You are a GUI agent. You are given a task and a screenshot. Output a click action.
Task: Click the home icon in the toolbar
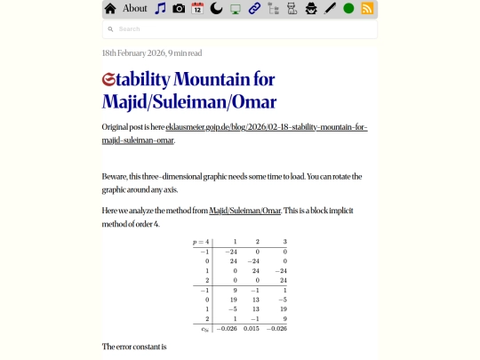coord(110,9)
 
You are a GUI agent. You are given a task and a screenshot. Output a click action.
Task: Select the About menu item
coord(135,9)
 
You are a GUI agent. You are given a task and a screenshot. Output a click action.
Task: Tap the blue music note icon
coord(160,9)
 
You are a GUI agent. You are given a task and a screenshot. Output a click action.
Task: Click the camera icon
coord(179,9)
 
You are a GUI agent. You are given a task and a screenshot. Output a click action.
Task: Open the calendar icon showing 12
coord(197,9)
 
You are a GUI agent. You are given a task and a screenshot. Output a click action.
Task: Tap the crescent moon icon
coord(216,9)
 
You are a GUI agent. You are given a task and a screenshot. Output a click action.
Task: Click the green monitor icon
coord(236,9)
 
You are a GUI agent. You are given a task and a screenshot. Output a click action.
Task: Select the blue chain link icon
coord(254,9)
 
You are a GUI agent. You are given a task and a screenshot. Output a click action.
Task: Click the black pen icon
coord(330,9)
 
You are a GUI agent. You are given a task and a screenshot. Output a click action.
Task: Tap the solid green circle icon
coord(348,9)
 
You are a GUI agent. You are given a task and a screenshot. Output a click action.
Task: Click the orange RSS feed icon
coord(367,9)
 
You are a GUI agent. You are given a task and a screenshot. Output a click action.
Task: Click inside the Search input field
coord(240,29)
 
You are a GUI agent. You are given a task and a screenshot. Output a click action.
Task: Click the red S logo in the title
coord(109,79)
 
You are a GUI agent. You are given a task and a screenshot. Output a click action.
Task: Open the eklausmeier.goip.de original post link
coord(266,128)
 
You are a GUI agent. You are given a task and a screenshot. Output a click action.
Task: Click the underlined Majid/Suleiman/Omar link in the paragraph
coord(244,211)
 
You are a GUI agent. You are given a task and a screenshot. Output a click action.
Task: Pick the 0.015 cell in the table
coord(252,329)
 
